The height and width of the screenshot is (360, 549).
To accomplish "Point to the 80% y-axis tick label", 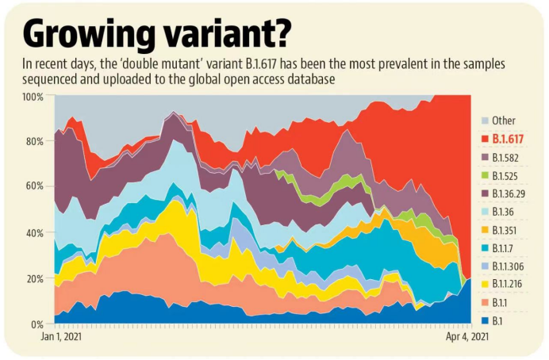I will click(x=35, y=142).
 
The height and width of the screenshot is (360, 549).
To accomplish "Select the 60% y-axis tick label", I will click(x=35, y=187).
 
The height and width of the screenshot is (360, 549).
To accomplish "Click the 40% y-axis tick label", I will click(x=35, y=233).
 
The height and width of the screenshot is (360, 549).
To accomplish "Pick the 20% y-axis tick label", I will click(x=35, y=279).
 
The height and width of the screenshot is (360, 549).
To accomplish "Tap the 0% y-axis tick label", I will click(x=37, y=324).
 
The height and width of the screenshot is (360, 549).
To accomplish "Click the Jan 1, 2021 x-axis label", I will click(x=61, y=336).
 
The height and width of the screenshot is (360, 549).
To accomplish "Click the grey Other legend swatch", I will click(x=484, y=121).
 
